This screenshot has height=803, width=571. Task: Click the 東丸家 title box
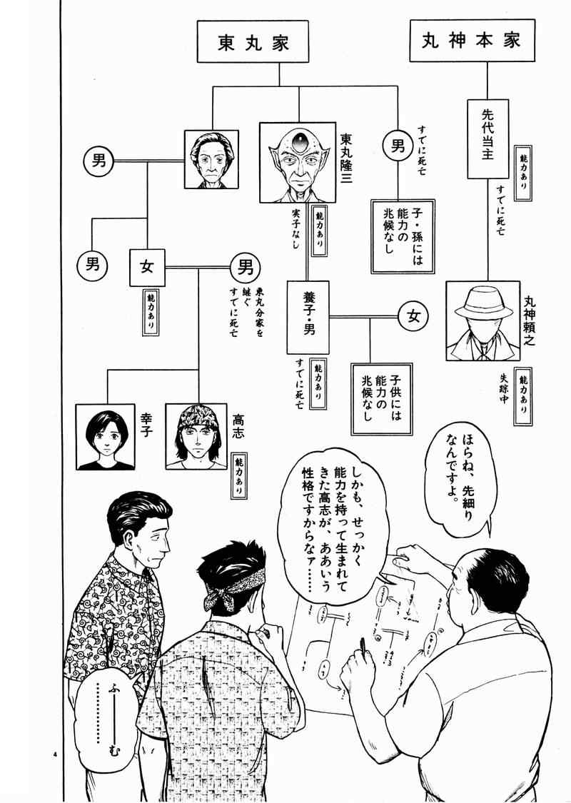pyautogui.click(x=253, y=44)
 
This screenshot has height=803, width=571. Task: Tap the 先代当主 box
pyautogui.click(x=487, y=139)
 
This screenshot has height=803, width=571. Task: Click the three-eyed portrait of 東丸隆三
pyautogui.click(x=297, y=163)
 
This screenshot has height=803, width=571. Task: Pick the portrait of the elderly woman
pyautogui.click(x=211, y=160)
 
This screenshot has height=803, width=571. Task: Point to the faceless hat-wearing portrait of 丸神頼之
pyautogui.click(x=483, y=318)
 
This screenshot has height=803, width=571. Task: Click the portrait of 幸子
pyautogui.click(x=105, y=436)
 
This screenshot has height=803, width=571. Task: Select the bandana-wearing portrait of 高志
pyautogui.click(x=196, y=436)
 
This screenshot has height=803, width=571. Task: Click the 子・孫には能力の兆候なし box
pyautogui.click(x=403, y=236)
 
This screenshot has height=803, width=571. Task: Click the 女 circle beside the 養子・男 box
pyautogui.click(x=413, y=316)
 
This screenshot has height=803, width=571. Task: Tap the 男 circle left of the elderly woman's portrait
pyautogui.click(x=97, y=161)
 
